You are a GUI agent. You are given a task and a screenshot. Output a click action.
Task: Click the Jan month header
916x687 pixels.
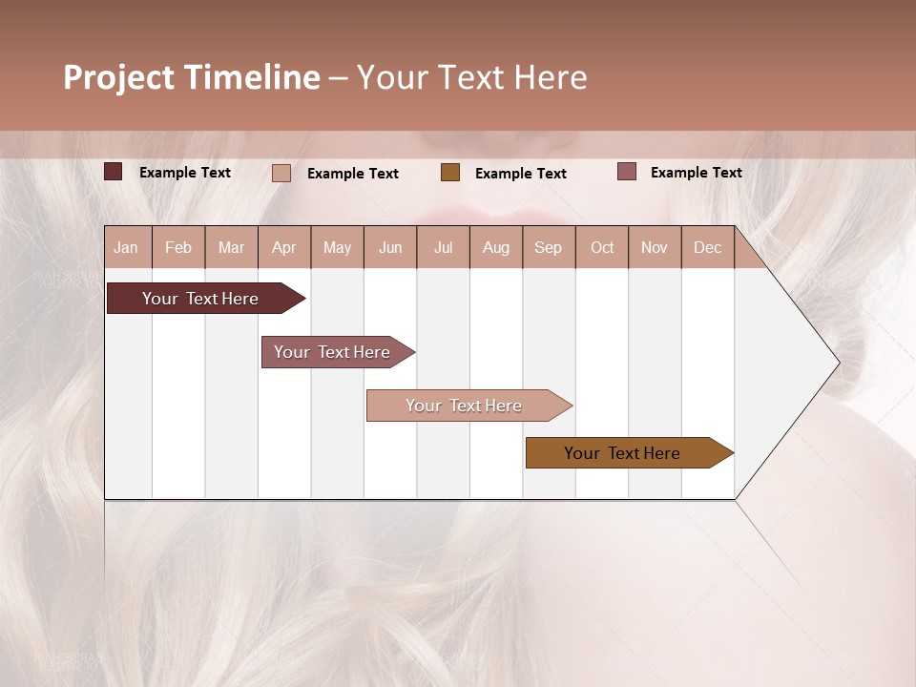(x=126, y=247)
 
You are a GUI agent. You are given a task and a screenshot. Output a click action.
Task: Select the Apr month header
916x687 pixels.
(x=284, y=247)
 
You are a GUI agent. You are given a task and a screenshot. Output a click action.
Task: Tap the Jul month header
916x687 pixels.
(x=443, y=247)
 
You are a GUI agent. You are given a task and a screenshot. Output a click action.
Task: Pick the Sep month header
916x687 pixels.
(x=548, y=247)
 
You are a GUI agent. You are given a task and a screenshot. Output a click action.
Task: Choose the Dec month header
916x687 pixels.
(x=707, y=247)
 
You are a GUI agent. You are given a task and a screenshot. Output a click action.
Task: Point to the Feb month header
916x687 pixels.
(x=178, y=247)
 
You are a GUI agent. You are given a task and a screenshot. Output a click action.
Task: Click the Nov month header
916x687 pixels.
(x=654, y=247)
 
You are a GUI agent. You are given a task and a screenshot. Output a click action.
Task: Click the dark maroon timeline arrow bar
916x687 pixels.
(x=200, y=299)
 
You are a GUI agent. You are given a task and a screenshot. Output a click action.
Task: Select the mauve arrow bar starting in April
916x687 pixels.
(x=332, y=352)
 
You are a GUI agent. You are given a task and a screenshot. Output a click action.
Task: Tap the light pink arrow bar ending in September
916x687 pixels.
(x=464, y=406)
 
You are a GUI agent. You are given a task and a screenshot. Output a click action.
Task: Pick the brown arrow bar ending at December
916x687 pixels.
(x=622, y=453)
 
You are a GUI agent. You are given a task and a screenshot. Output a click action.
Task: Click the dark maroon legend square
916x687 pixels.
(x=114, y=172)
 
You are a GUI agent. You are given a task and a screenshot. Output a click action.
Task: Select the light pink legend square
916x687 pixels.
(x=281, y=173)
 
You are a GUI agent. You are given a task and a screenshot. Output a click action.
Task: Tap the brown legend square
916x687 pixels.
(x=450, y=172)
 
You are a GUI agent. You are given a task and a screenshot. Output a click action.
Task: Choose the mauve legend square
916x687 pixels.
(x=627, y=172)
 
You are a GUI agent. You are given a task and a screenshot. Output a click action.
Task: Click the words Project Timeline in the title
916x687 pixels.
(x=191, y=77)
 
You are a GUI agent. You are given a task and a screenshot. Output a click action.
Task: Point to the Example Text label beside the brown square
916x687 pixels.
(x=521, y=173)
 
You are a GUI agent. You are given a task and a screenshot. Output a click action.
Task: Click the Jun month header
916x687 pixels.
(x=390, y=247)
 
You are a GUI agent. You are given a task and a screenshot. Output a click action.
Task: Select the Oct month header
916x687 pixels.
(x=602, y=247)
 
